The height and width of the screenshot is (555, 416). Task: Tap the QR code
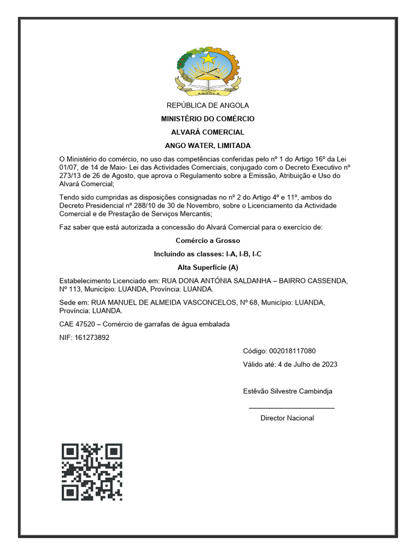92,472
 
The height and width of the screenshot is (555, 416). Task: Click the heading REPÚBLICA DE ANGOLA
207,105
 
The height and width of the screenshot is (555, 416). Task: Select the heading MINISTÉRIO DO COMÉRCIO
207,119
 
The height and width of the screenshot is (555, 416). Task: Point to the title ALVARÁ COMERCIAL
207,132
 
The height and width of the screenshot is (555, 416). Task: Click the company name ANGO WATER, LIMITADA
207,146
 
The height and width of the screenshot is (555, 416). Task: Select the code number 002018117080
293,351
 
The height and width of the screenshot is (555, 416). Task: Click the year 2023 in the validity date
328,364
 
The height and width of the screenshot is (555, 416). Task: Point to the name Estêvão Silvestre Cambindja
287,391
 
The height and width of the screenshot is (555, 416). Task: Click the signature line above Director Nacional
291,408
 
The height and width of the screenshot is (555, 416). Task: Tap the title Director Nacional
287,418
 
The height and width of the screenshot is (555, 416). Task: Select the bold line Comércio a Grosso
207,240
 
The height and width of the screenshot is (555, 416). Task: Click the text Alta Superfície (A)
207,267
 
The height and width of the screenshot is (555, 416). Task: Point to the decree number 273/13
70,176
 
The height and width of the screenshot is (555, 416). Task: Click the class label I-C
256,254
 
